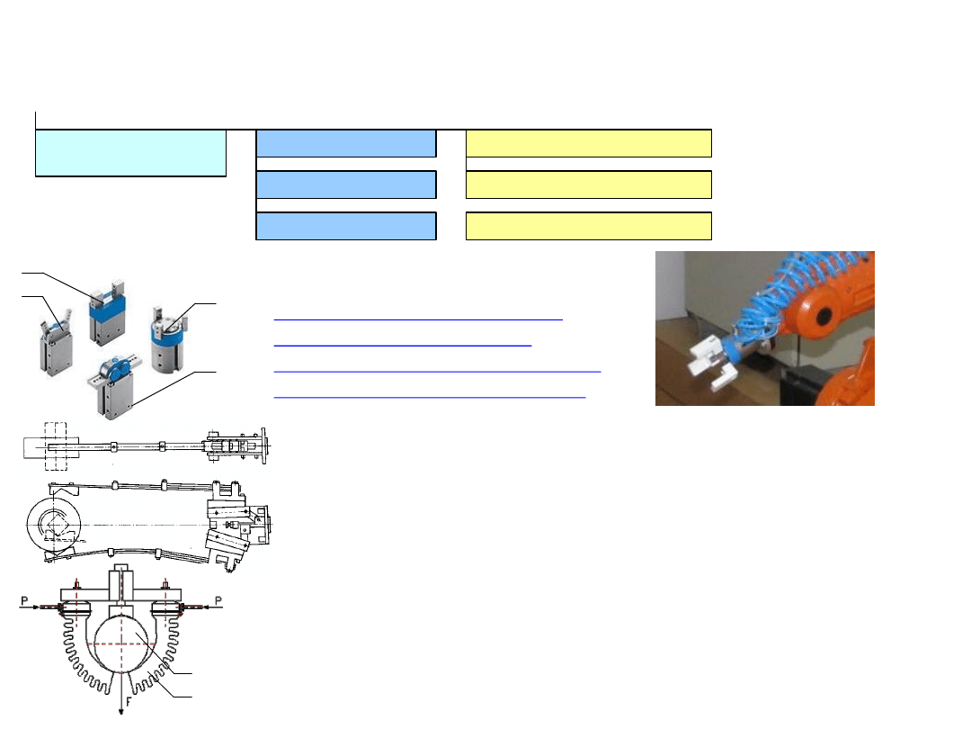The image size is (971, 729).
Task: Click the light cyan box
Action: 130,153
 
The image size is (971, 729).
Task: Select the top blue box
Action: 346,143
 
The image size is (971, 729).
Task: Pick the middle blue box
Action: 346,184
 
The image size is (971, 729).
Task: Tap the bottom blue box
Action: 346,226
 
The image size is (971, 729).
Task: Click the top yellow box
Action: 588,143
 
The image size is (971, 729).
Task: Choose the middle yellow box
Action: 588,184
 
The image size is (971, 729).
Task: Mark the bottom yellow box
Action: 588,226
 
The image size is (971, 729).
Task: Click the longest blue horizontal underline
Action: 437,372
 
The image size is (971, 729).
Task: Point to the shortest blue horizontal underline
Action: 403,346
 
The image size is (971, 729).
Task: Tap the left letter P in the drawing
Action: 25,600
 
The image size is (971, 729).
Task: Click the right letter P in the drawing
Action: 218,600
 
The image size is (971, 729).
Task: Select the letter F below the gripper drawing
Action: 129,702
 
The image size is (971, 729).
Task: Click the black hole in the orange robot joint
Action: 824,316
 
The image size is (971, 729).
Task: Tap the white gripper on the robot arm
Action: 712,362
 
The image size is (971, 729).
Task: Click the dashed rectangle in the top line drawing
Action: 56,446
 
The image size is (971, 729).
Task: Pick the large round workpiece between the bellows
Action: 122,643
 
